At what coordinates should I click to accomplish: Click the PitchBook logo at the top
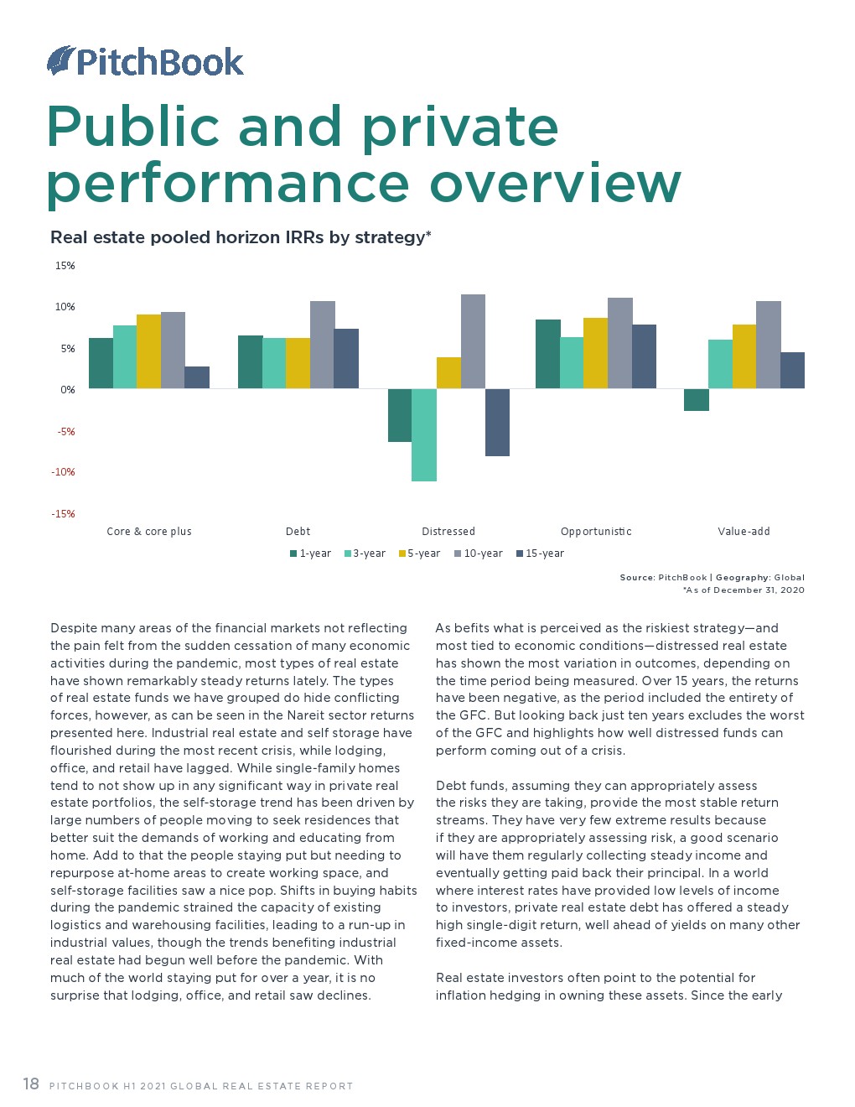[x=145, y=62]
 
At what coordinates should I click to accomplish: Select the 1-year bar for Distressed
[x=399, y=415]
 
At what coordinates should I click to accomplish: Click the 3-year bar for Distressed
[x=423, y=434]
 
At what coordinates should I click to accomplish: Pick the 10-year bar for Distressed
[x=473, y=341]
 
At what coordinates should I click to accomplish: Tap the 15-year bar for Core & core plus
[x=197, y=377]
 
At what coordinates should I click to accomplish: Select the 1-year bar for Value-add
[x=697, y=400]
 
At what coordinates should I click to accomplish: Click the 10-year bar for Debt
[x=323, y=345]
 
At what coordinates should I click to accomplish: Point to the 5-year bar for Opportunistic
[x=595, y=353]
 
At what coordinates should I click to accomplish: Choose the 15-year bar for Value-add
[x=792, y=371]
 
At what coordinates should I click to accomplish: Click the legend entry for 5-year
[x=419, y=553]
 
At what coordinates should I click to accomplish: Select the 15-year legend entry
[x=540, y=553]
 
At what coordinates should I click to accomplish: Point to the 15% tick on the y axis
[x=65, y=266]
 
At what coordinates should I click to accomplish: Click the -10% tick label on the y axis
[x=64, y=472]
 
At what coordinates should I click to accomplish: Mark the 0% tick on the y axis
[x=67, y=390]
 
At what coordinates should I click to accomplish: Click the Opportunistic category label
[x=596, y=532]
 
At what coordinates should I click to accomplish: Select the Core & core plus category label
[x=149, y=532]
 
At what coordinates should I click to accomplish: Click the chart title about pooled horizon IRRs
[x=241, y=237]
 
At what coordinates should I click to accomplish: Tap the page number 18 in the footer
[x=31, y=1084]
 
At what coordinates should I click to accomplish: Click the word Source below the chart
[x=637, y=577]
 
